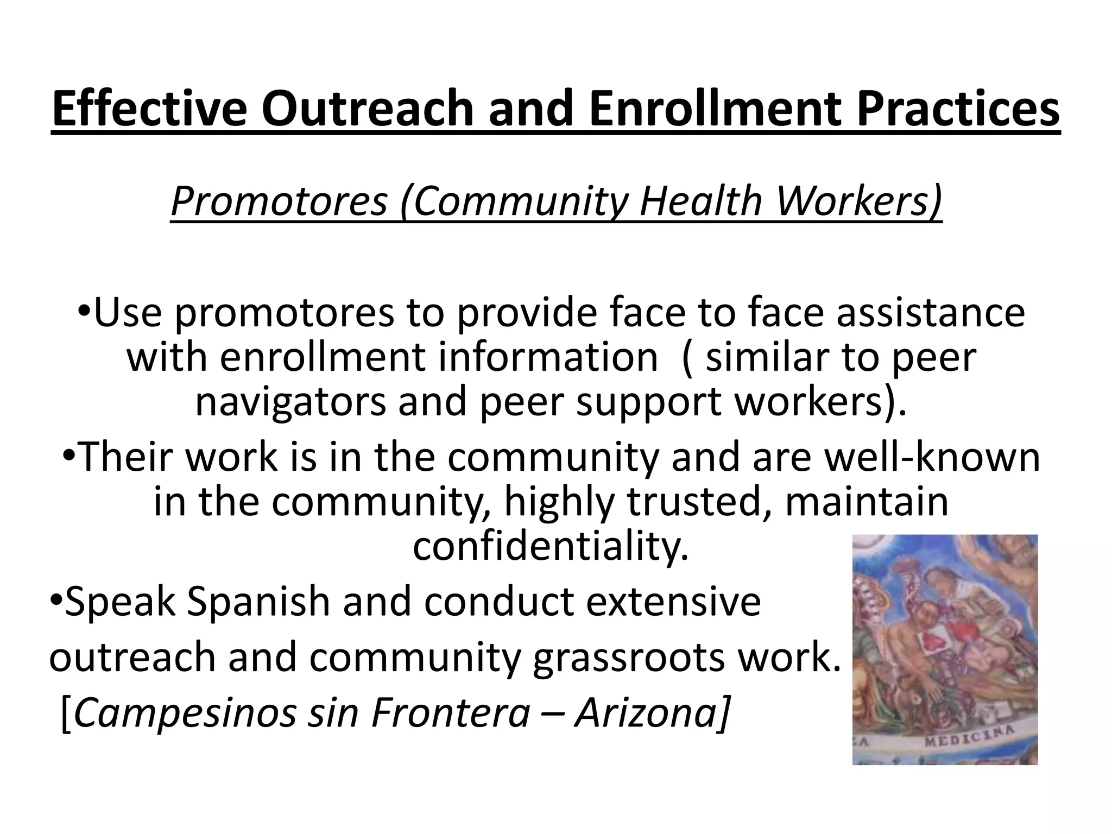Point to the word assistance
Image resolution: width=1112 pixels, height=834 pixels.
click(931, 313)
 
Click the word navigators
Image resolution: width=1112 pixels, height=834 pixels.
click(290, 402)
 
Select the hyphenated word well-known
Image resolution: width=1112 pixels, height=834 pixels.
click(932, 457)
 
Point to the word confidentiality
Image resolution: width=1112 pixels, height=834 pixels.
click(550, 546)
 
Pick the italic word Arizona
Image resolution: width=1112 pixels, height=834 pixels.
click(652, 713)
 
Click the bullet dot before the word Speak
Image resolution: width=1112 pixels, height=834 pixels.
click(55, 601)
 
